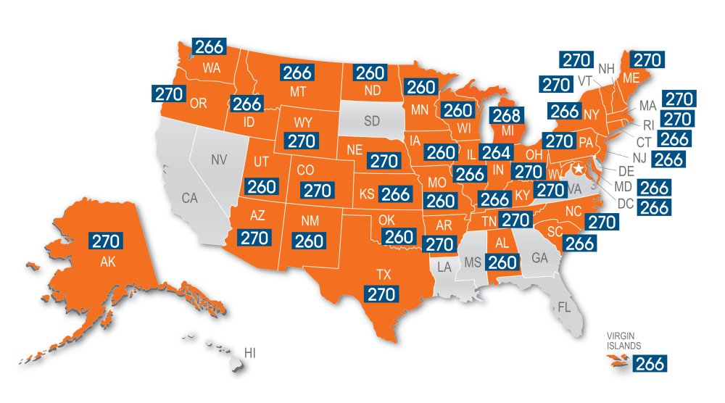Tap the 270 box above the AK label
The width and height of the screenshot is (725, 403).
coord(107,241)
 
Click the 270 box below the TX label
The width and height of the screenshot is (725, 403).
coord(381,294)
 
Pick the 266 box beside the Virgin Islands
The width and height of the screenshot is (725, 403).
coord(649,364)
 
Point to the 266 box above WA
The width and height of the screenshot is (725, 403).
coord(209,46)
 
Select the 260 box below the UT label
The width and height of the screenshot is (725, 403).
coord(262,186)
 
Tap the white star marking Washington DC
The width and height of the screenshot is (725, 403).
coord(579,170)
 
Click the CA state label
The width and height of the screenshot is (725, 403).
coord(190,197)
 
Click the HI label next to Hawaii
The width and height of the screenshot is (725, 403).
coord(250,353)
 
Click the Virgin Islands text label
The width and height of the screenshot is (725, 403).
coord(623,341)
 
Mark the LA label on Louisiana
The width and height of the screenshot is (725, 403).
coord(443,268)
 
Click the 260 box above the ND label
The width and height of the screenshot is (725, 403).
coord(368,72)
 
